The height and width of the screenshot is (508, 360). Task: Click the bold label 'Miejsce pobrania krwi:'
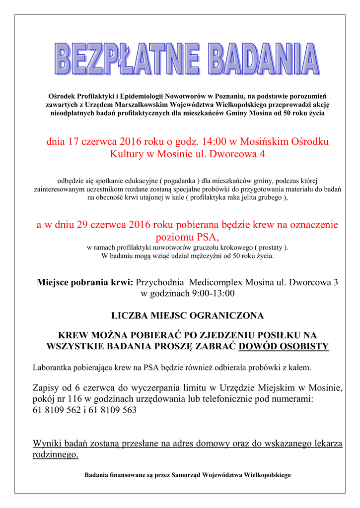85,282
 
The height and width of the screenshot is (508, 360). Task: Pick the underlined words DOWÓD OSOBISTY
284,346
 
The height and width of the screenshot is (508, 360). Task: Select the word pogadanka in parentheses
178,180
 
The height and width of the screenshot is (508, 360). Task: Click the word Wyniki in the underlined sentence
47,444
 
